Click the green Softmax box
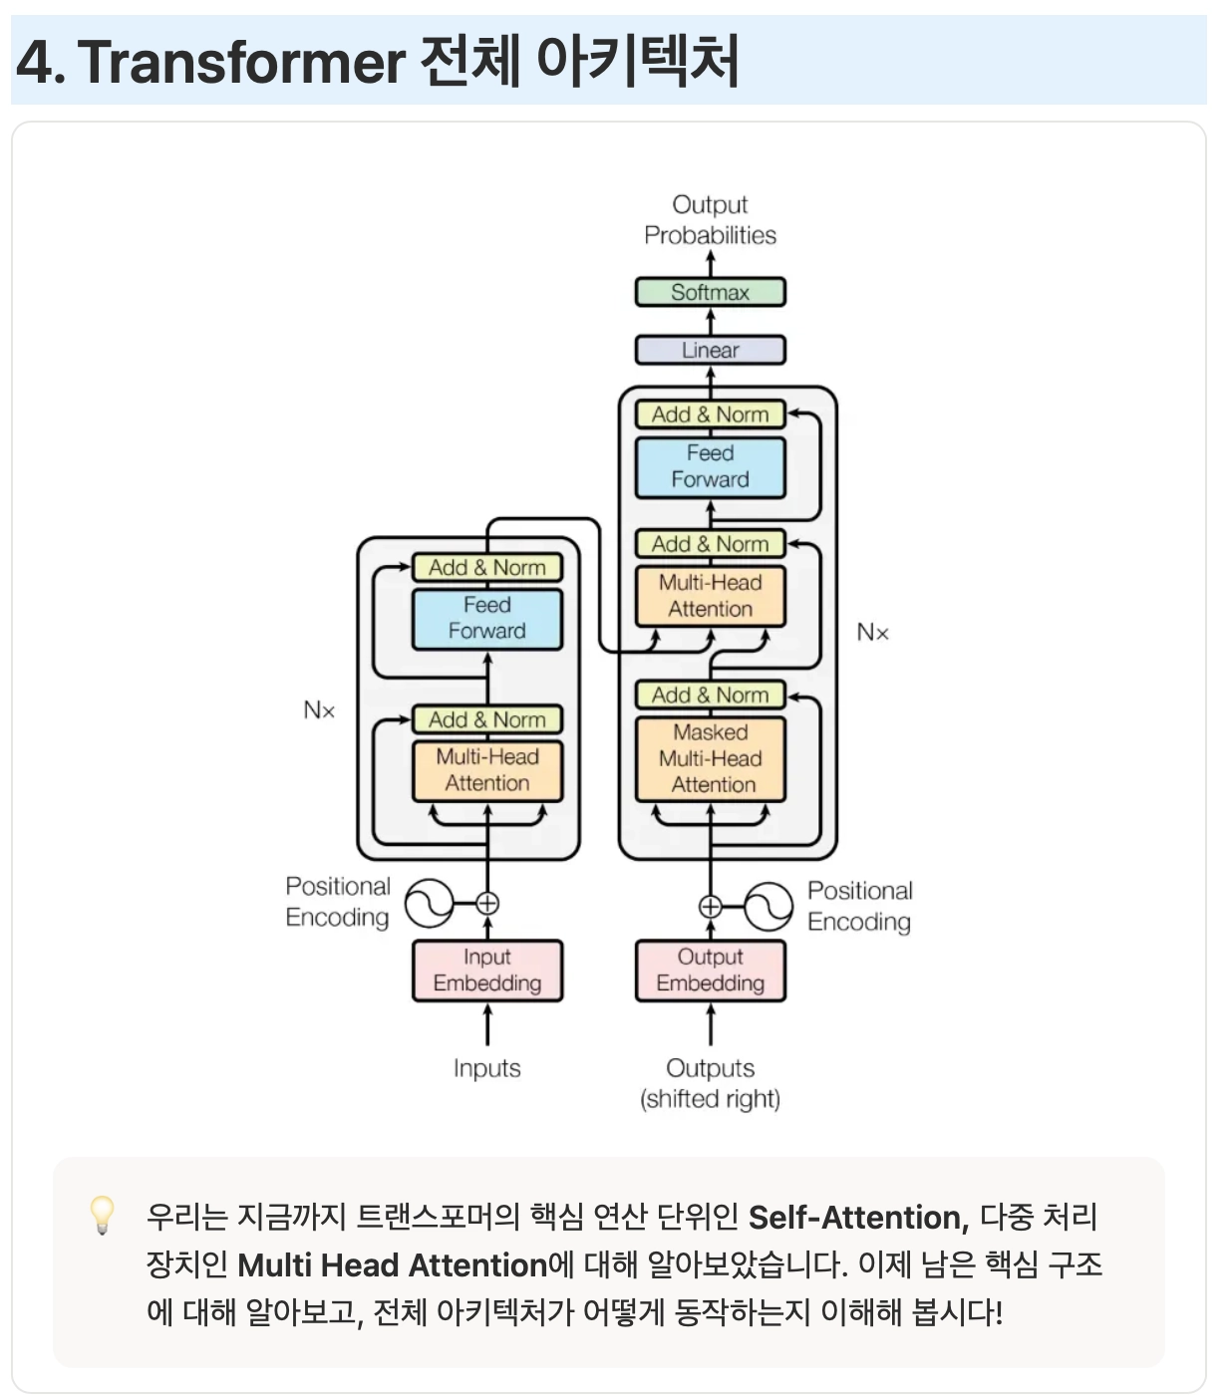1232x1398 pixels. click(710, 292)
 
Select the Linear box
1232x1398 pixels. click(710, 350)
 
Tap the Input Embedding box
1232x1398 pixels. click(487, 971)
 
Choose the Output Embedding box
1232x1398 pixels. click(710, 971)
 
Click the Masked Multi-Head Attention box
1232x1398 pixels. click(710, 758)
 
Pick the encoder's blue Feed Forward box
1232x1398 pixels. click(487, 619)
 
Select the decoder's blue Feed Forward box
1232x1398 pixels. click(710, 466)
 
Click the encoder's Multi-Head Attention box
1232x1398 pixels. click(487, 770)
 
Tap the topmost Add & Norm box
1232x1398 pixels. click(710, 415)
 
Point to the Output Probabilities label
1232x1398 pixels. click(710, 220)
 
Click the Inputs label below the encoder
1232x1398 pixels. click(486, 1068)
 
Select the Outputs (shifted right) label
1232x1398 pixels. click(710, 1083)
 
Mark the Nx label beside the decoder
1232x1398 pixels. click(872, 632)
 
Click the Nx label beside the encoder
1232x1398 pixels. click(319, 710)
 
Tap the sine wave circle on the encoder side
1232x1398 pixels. click(429, 904)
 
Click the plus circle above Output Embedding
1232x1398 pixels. click(710, 907)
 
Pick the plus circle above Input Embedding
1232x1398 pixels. click(487, 904)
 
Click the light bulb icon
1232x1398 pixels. click(102, 1215)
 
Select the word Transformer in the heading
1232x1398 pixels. click(240, 62)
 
